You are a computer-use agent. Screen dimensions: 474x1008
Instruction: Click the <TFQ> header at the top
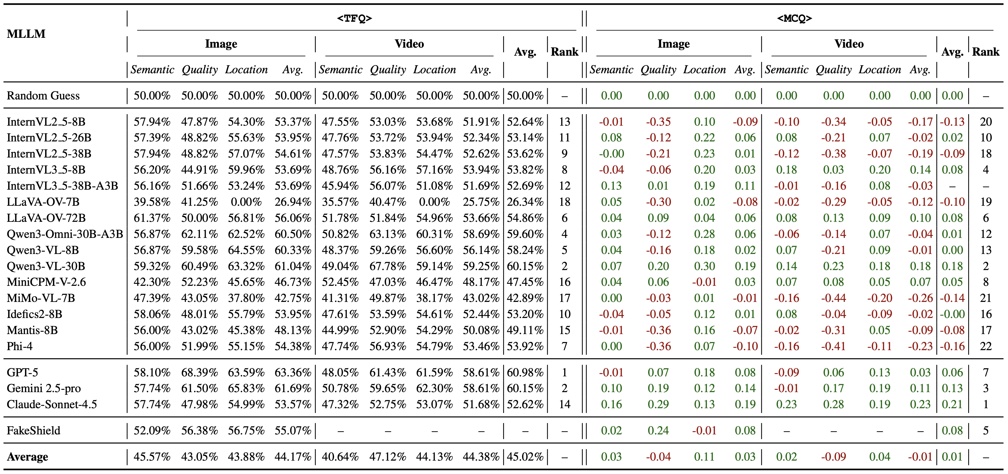point(354,18)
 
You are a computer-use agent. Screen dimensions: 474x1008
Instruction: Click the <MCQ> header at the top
point(794,18)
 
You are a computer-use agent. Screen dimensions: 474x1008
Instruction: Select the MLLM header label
point(26,34)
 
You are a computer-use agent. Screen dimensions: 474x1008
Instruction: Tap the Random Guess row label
point(43,96)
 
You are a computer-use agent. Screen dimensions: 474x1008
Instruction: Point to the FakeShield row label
point(33,431)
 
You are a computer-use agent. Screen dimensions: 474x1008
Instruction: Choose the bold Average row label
point(27,457)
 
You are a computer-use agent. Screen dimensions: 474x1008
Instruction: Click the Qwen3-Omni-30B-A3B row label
point(65,234)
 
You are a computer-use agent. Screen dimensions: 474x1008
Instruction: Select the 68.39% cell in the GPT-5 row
point(199,372)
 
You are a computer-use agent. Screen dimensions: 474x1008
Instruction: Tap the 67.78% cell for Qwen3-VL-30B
point(387,266)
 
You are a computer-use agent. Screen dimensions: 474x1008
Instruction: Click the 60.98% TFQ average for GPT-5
point(525,372)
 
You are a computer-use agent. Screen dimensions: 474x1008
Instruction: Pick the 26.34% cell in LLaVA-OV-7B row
point(525,202)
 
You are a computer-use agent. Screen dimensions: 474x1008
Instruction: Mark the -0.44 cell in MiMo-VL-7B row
point(833,298)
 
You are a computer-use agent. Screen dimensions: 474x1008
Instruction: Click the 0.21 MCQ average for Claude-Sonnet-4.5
point(952,404)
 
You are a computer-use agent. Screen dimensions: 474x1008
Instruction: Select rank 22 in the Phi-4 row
point(985,346)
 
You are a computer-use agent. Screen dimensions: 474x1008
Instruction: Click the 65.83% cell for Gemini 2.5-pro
point(246,388)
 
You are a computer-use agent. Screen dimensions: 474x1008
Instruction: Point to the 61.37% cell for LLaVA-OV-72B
point(152,218)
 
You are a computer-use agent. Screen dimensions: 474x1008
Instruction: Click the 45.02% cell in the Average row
point(525,457)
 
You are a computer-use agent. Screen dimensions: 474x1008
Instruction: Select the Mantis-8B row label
point(32,330)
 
